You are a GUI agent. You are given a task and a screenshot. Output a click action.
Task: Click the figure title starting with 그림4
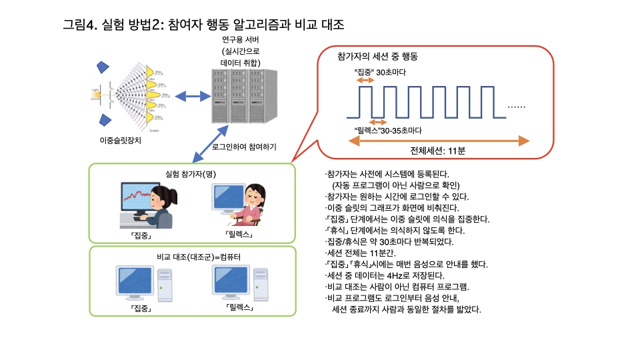coord(203,26)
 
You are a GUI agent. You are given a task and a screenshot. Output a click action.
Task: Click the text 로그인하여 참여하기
coord(244,146)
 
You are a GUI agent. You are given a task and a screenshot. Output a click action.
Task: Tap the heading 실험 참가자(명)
coord(191,174)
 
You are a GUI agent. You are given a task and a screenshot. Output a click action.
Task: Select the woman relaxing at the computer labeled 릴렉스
coord(239,203)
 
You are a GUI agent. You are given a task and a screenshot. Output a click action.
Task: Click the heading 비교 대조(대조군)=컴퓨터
coord(191,257)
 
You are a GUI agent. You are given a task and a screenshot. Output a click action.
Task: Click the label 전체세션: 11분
coord(438,151)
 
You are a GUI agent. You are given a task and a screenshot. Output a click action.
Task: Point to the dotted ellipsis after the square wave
coord(517,107)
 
